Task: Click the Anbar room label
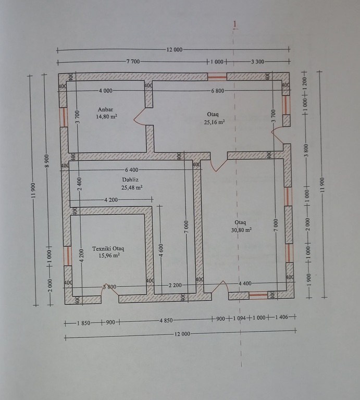tap(105, 109)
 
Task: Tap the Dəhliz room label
tap(130, 180)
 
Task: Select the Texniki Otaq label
tap(108, 248)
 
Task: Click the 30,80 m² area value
tap(241, 230)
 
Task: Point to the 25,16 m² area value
tap(214, 122)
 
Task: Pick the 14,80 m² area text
tap(106, 117)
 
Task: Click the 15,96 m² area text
tap(109, 255)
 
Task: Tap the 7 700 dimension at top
tap(133, 61)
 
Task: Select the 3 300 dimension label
tap(258, 61)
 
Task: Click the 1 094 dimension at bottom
tap(239, 318)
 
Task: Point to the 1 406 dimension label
tap(281, 317)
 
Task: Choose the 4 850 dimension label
tap(166, 320)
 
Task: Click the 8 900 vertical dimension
tap(47, 161)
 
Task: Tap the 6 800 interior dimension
tap(218, 91)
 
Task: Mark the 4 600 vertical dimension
tap(160, 251)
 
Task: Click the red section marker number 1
tap(235, 24)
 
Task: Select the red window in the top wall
tap(217, 77)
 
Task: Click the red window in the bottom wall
tap(258, 295)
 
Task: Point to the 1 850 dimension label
tap(84, 323)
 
